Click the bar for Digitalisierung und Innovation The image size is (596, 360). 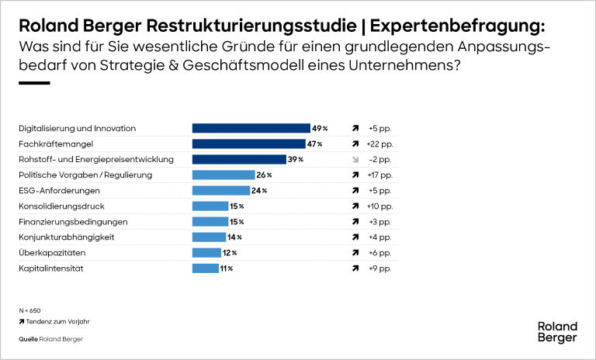pyautogui.click(x=251, y=128)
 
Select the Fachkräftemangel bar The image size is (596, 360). pyautogui.click(x=248, y=144)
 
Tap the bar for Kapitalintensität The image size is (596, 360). pyautogui.click(x=205, y=268)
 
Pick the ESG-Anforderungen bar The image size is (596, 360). pyautogui.click(x=220, y=190)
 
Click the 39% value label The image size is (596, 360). pyautogui.click(x=295, y=159)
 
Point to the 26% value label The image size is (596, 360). pyautogui.click(x=264, y=175)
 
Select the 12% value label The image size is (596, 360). pyautogui.click(x=229, y=252)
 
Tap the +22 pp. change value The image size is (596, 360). pyautogui.click(x=380, y=144)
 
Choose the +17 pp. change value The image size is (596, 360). pyautogui.click(x=380, y=175)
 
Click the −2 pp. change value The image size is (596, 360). pyautogui.click(x=380, y=159)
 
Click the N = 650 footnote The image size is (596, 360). pyautogui.click(x=29, y=309)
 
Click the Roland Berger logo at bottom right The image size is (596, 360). pyautogui.click(x=557, y=332)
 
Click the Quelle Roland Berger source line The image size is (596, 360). pyautogui.click(x=50, y=339)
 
